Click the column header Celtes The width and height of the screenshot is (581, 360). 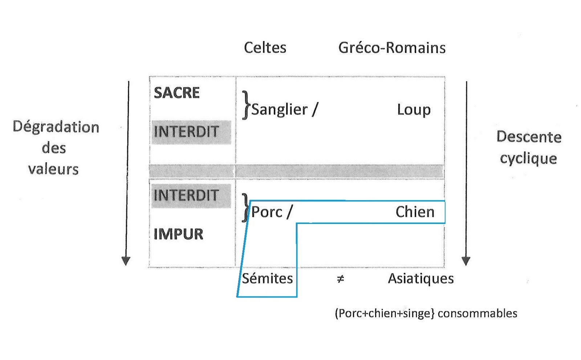pyautogui.click(x=265, y=48)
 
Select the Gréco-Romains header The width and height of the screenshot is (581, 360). pyautogui.click(x=392, y=48)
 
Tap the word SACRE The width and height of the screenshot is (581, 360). pyautogui.click(x=176, y=93)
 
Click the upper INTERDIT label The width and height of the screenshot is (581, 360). pyautogui.click(x=186, y=132)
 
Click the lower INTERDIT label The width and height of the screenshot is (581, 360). pyautogui.click(x=186, y=196)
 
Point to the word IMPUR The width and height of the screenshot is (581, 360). pyautogui.click(x=178, y=234)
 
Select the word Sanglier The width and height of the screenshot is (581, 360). pyautogui.click(x=279, y=110)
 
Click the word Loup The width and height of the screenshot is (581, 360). pyautogui.click(x=414, y=110)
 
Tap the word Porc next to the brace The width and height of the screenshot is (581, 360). pyautogui.click(x=267, y=212)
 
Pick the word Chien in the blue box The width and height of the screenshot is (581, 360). pyautogui.click(x=415, y=212)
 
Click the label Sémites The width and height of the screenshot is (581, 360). pyautogui.click(x=267, y=279)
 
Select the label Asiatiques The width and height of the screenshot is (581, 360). pyautogui.click(x=420, y=279)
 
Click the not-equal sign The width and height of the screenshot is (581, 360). pyautogui.click(x=340, y=279)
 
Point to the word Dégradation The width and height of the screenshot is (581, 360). pyautogui.click(x=56, y=127)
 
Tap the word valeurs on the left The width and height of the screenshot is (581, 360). pyautogui.click(x=53, y=169)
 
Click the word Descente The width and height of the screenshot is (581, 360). pyautogui.click(x=529, y=137)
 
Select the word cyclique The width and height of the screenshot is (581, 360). pyautogui.click(x=528, y=159)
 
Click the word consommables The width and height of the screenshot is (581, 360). pyautogui.click(x=477, y=313)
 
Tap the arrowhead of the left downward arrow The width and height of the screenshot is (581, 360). pyautogui.click(x=126, y=261)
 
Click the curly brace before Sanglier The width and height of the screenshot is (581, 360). pyautogui.click(x=247, y=105)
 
